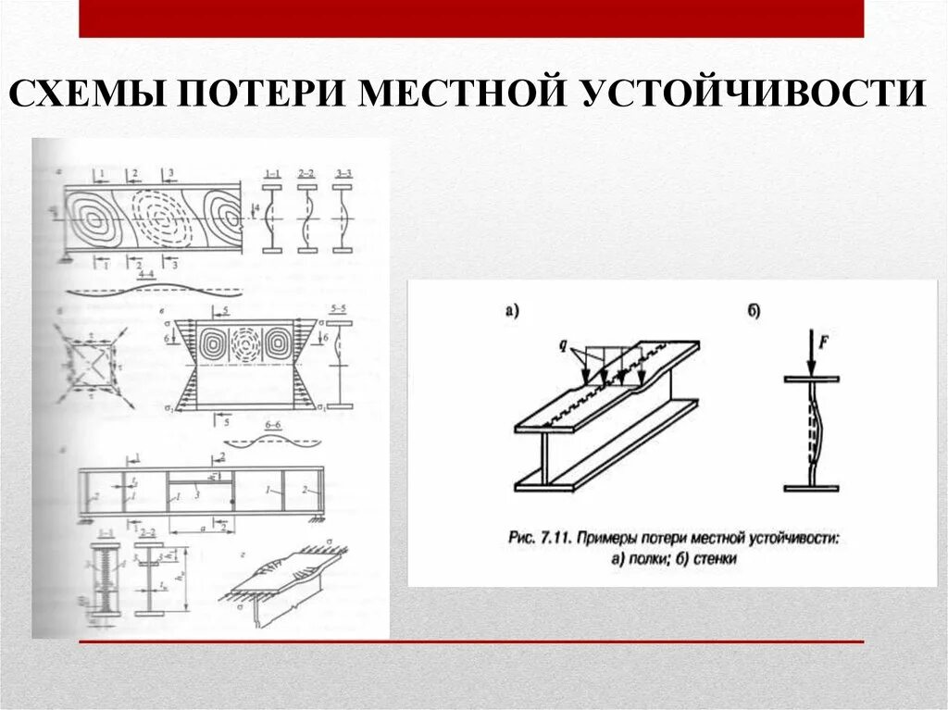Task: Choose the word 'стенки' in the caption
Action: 717,558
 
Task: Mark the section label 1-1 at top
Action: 272,173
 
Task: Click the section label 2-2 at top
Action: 307,173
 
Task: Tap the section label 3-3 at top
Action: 343,173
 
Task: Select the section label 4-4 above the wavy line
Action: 145,276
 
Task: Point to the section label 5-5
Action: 339,308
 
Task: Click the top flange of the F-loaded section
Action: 812,380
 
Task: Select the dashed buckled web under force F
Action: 815,432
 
